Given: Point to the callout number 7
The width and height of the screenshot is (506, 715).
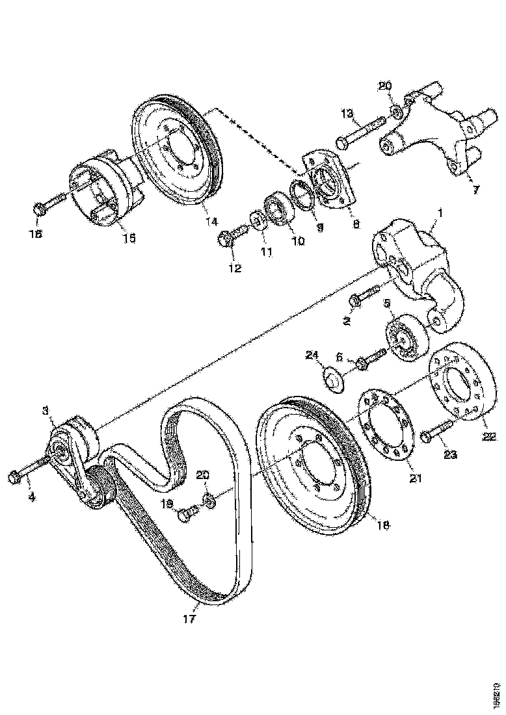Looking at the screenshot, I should click(475, 189).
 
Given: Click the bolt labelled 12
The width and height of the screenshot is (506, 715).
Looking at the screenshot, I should click(233, 235).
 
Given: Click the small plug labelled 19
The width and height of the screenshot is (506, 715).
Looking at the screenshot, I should click(187, 515).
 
